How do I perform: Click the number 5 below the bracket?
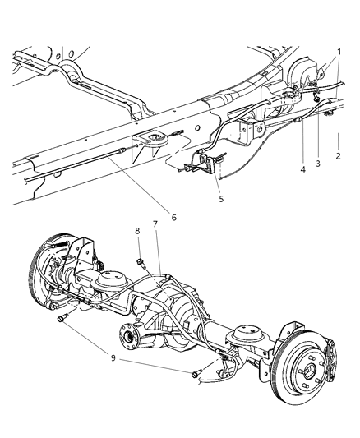[218, 197]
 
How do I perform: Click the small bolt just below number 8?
[141, 262]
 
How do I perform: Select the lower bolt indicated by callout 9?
[196, 375]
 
